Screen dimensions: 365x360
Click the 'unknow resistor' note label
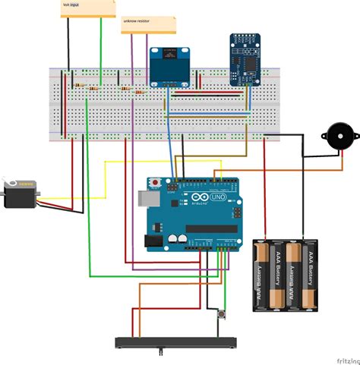136,21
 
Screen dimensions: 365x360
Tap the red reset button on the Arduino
156,184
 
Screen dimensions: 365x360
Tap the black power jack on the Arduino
151,240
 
